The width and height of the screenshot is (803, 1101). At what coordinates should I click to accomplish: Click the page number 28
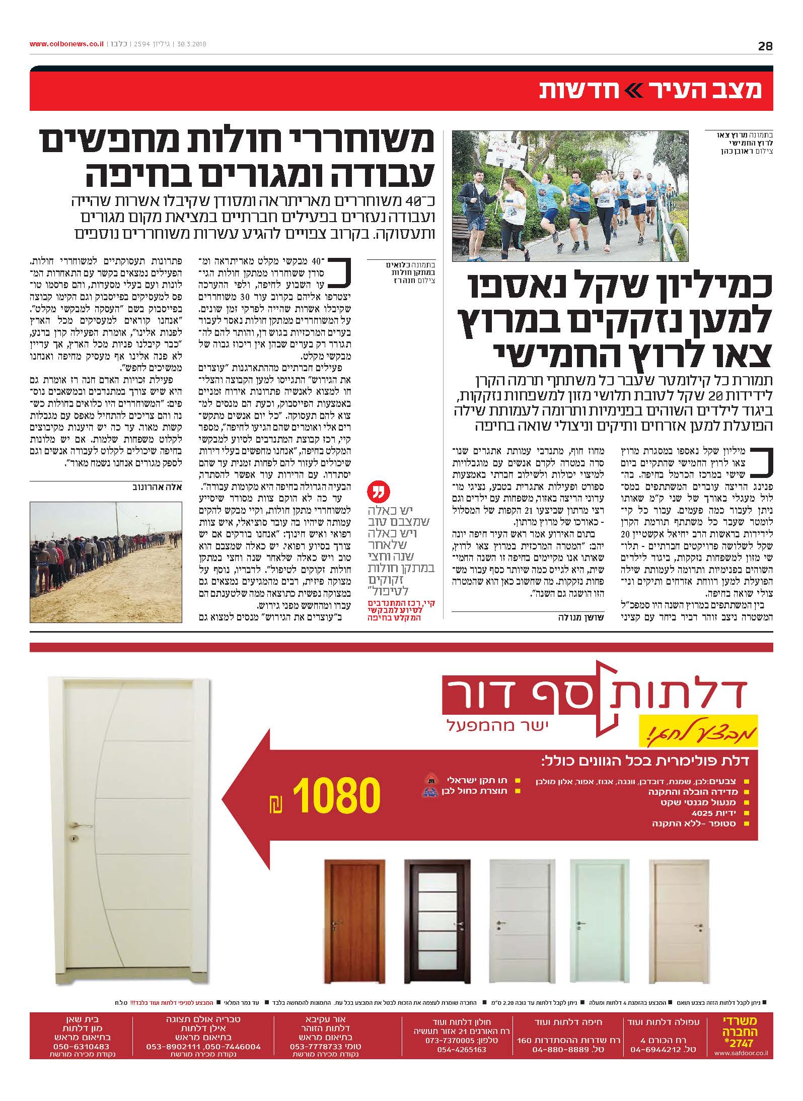pos(765,46)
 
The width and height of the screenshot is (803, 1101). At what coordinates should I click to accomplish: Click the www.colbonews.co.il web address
pos(66,44)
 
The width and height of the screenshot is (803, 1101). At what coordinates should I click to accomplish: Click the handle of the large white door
pos(83,826)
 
